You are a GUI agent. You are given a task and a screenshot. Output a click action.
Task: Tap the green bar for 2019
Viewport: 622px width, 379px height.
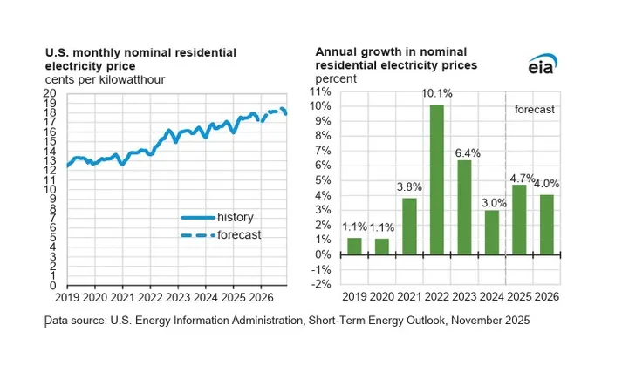click(354, 246)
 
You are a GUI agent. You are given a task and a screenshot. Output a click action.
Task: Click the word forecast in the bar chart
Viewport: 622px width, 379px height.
click(534, 111)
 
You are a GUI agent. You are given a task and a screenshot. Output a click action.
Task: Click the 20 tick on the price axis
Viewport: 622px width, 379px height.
click(51, 93)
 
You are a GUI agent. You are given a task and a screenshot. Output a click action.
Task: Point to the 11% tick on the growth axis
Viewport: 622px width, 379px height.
click(321, 91)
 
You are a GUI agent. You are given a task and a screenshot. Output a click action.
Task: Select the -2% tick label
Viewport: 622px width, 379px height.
click(321, 284)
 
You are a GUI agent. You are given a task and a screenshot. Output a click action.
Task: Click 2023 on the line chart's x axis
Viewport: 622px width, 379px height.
click(178, 297)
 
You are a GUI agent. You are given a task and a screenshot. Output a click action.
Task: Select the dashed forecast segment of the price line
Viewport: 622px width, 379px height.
click(276, 112)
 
